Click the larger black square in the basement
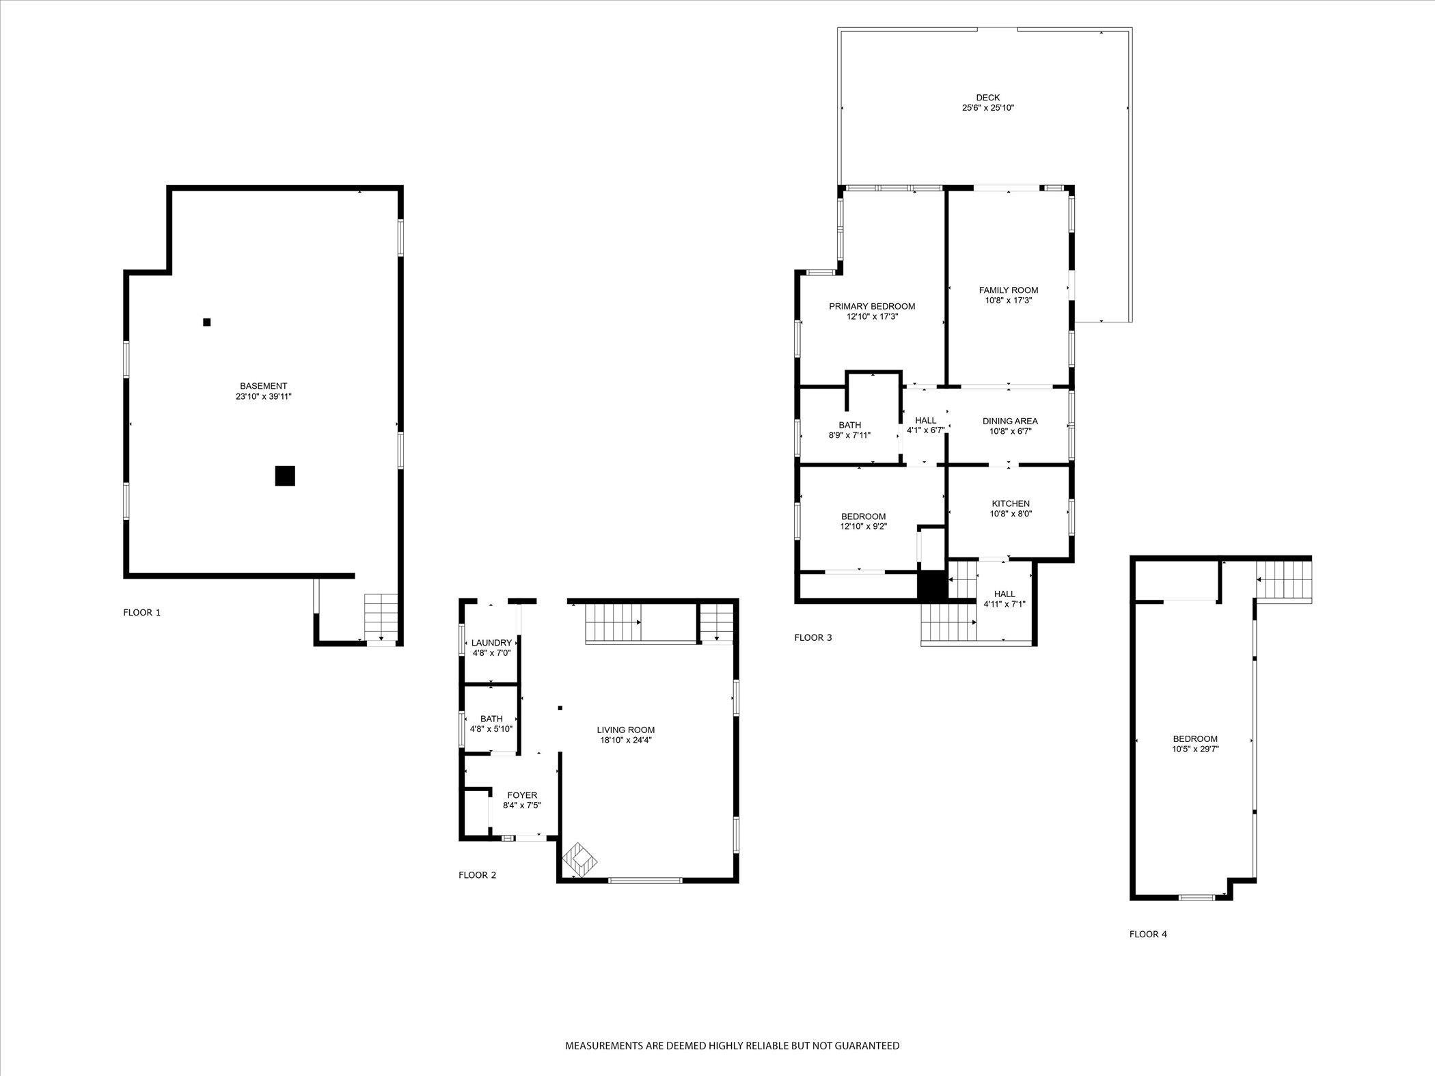point(285,475)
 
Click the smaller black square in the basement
point(207,322)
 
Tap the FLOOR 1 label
point(141,613)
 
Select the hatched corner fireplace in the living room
point(579,859)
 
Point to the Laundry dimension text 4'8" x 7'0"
point(491,653)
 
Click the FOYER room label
point(521,795)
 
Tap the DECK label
point(987,98)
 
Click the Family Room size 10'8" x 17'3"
point(1008,300)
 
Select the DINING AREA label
point(1010,421)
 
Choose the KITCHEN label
point(1011,503)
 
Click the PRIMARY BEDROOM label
point(871,306)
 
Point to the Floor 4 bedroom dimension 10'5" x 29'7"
point(1195,749)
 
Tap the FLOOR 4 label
point(1148,934)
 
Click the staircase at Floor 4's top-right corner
point(1285,579)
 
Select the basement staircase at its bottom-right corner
point(381,616)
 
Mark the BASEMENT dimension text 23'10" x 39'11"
point(263,396)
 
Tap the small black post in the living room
point(560,708)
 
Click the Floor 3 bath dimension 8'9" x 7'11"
point(849,435)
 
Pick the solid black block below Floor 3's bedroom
point(931,585)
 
